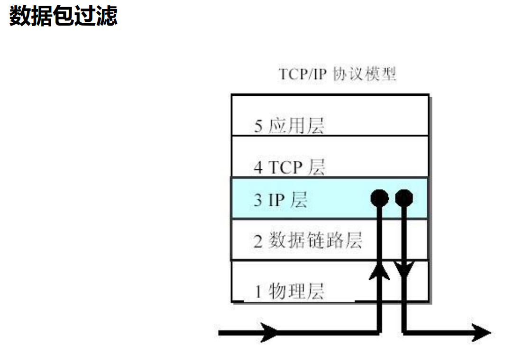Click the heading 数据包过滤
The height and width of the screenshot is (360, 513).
[x=63, y=16]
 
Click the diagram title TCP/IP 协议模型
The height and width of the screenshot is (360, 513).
[x=337, y=74]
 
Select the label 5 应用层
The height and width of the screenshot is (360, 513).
[x=289, y=126]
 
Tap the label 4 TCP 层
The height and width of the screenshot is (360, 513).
[x=289, y=167]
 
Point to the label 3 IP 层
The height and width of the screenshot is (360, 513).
[x=280, y=200]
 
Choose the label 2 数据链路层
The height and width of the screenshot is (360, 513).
[x=308, y=240]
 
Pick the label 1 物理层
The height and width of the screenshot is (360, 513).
[x=289, y=290]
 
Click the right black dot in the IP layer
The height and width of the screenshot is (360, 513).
[x=403, y=198]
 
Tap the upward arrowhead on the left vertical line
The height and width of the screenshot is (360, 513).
[x=379, y=271]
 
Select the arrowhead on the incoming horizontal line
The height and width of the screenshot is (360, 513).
[x=270, y=333]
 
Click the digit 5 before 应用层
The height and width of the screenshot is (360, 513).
[x=258, y=127]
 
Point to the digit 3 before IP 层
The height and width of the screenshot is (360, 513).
[x=258, y=200]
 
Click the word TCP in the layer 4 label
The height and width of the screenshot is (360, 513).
[x=285, y=167]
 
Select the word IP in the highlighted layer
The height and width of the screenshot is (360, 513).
[x=276, y=200]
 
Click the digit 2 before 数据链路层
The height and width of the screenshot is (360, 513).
[x=258, y=241]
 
